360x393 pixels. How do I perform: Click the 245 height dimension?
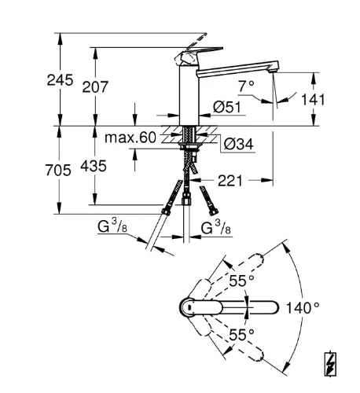coord(60,80)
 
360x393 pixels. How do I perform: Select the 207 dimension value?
coord(95,87)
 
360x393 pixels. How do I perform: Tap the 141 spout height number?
coord(313,100)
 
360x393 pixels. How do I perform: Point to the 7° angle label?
coord(246,86)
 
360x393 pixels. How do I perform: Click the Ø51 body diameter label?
coord(227,107)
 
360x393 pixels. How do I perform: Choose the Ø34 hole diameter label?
coord(239,144)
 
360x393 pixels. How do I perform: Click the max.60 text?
coord(130,138)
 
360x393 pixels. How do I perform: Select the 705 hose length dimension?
coord(58,170)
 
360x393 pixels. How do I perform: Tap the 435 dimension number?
coord(94,166)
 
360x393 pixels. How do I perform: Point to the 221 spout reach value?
coord(230,181)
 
